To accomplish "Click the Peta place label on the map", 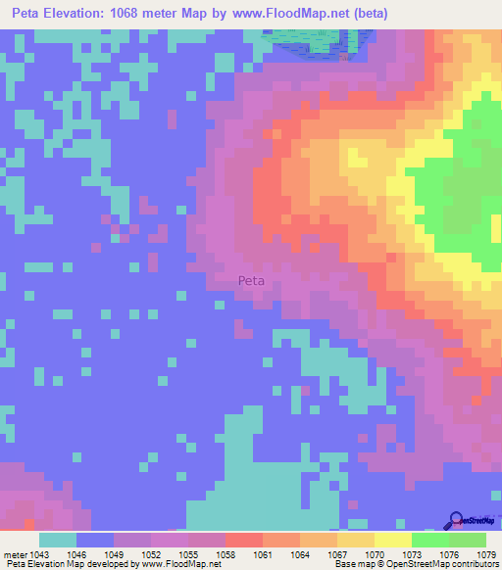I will coord(252,280).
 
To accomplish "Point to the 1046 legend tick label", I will coord(76,553).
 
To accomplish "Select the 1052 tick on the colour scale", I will coord(151,553).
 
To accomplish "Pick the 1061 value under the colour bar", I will coord(263,553).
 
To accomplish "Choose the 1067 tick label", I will coord(337,553).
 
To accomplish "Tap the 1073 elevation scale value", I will coord(412,553).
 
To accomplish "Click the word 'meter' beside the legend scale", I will coord(14,553).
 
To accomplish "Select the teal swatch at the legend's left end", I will coord(58,540).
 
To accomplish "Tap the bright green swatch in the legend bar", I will coord(430,540).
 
